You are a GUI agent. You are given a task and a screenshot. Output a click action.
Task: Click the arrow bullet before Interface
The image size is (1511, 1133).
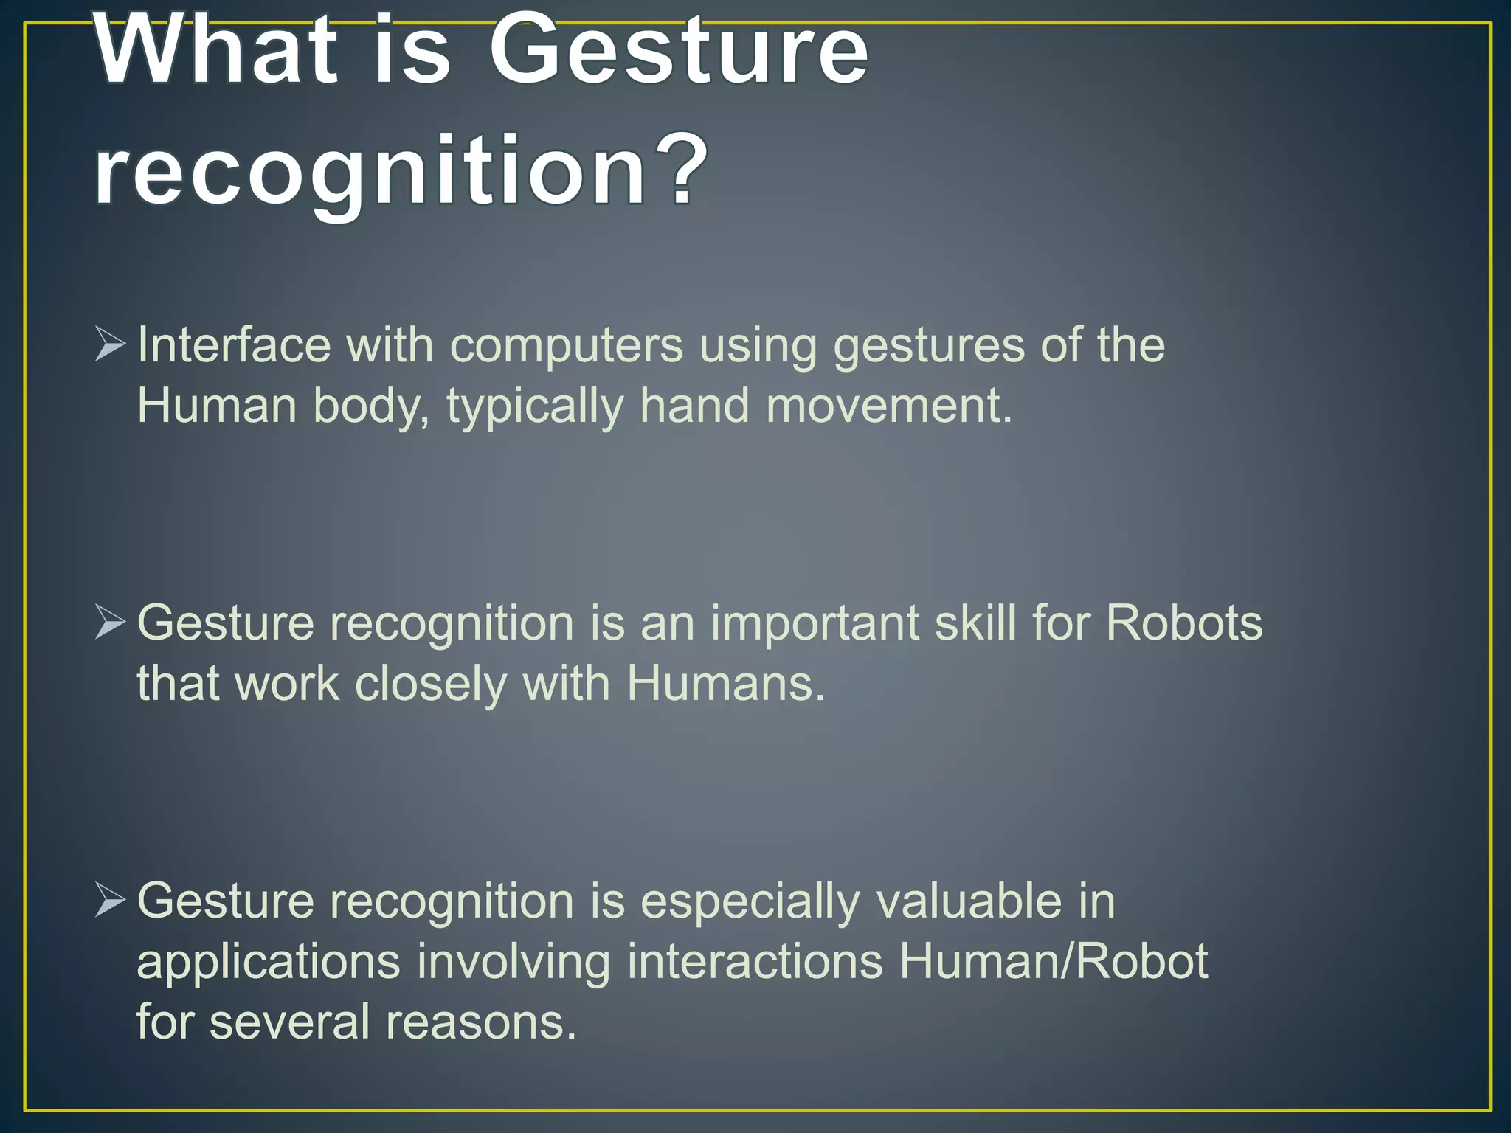point(110,344)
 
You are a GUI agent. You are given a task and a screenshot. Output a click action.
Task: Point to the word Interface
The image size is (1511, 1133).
point(234,344)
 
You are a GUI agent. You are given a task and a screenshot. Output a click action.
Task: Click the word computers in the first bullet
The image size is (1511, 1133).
point(567,344)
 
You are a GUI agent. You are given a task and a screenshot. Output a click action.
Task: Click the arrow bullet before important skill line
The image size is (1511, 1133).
point(110,623)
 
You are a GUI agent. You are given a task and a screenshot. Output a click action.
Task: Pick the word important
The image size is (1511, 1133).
point(815,624)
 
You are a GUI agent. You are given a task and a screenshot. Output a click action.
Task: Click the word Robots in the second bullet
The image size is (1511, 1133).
point(1183,623)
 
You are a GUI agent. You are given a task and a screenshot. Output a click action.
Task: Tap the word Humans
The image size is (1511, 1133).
point(725,683)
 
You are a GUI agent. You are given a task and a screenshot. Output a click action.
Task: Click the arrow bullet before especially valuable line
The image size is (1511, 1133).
point(110,901)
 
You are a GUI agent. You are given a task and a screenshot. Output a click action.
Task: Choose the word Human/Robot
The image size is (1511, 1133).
point(1053,961)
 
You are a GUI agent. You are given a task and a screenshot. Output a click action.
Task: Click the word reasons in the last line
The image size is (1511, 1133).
point(480,1022)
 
